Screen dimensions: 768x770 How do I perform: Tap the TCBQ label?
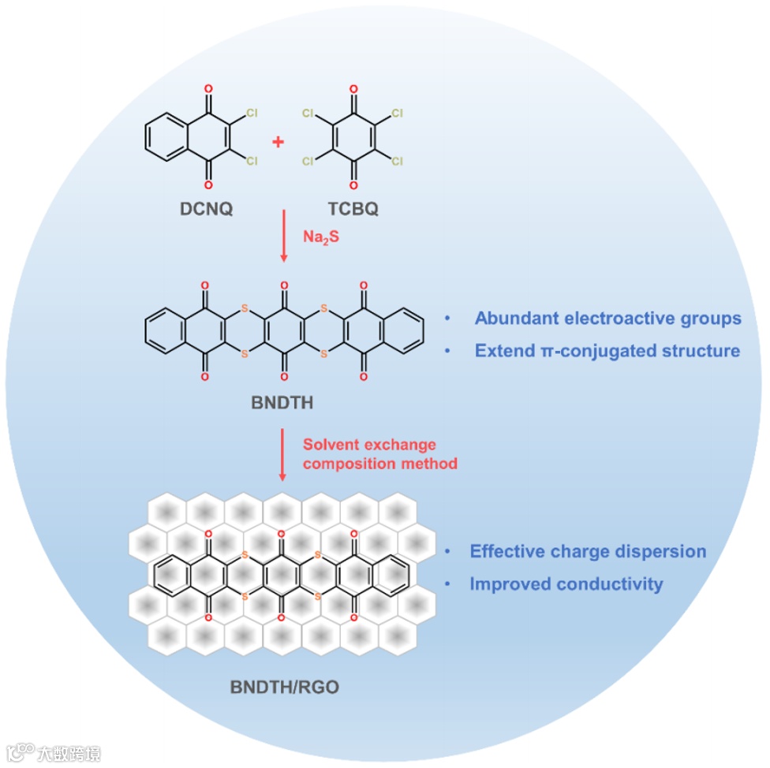(x=352, y=210)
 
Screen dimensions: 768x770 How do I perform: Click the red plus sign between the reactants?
(x=278, y=142)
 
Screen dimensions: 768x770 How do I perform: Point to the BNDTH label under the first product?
(x=282, y=403)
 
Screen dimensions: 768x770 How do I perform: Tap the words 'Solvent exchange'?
(x=369, y=446)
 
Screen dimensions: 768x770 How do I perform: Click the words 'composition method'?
(x=379, y=464)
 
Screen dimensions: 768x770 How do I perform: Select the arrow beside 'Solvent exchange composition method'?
(x=282, y=454)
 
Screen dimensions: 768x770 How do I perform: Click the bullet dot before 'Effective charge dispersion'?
(x=448, y=552)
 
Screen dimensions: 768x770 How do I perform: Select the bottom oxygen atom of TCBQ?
(x=353, y=186)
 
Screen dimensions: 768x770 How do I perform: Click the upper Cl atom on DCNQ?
(x=252, y=114)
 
